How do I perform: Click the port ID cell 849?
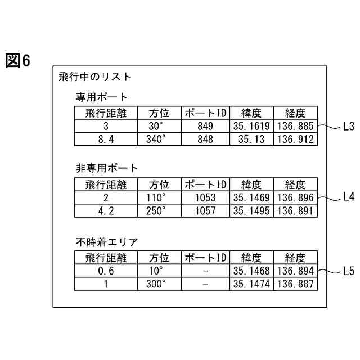pos(205,126)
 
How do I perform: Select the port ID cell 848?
pos(205,139)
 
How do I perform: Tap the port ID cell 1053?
pos(205,197)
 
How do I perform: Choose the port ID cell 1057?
pos(205,210)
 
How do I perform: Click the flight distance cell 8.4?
pos(106,139)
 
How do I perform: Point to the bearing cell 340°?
pos(159,139)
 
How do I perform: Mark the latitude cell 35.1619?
pos(251,126)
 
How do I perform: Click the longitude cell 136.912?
pos(295,139)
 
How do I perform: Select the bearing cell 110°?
pos(159,197)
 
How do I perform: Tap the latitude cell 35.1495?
pos(251,210)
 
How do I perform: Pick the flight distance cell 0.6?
pos(106,271)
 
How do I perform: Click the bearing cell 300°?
pos(159,283)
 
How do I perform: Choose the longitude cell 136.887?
pos(295,283)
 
